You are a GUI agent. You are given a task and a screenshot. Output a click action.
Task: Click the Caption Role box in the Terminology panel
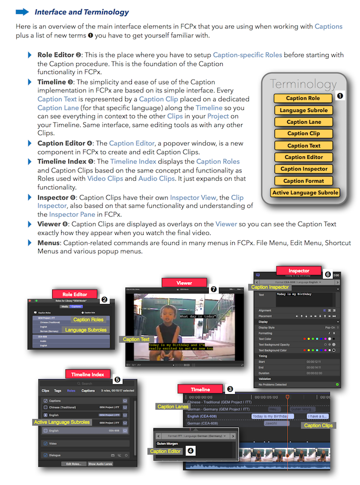pos(303,98)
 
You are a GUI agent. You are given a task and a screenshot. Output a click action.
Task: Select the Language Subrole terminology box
pos(304,110)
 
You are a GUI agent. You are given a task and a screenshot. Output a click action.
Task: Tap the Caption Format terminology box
pos(304,181)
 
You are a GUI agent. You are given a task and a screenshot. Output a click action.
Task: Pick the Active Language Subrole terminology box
pos(305,193)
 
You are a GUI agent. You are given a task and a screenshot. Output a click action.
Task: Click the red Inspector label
pos(299,271)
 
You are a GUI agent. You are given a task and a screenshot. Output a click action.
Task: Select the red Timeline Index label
pos(87,374)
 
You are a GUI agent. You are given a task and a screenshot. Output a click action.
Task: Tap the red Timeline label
pos(200,389)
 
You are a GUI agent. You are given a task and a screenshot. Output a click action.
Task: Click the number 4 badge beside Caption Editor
pos(190,451)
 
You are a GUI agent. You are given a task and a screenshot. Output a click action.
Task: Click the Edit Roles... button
pos(73,463)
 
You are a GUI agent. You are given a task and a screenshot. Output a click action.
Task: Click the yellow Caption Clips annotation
pos(318,425)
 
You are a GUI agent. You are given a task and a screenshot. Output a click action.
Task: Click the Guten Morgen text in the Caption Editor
pos(167,444)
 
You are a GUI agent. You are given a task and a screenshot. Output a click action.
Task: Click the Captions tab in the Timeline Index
pos(88,391)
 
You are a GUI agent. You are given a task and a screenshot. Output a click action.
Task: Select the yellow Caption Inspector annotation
pos(270,287)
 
